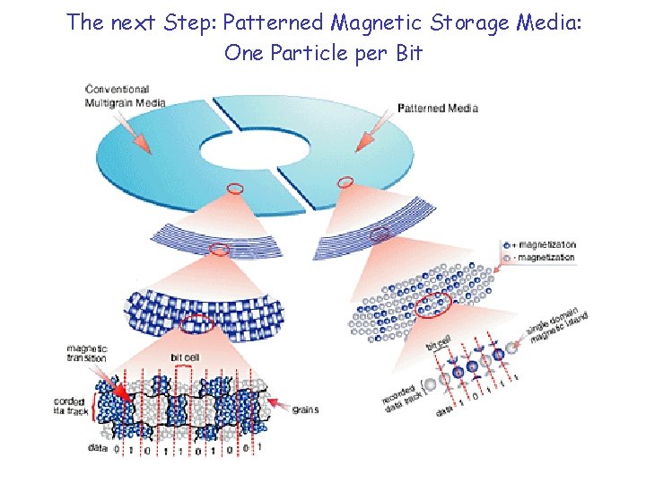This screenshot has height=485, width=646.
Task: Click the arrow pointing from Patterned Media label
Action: tap(372, 135)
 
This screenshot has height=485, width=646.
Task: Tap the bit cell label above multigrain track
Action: tap(185, 357)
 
